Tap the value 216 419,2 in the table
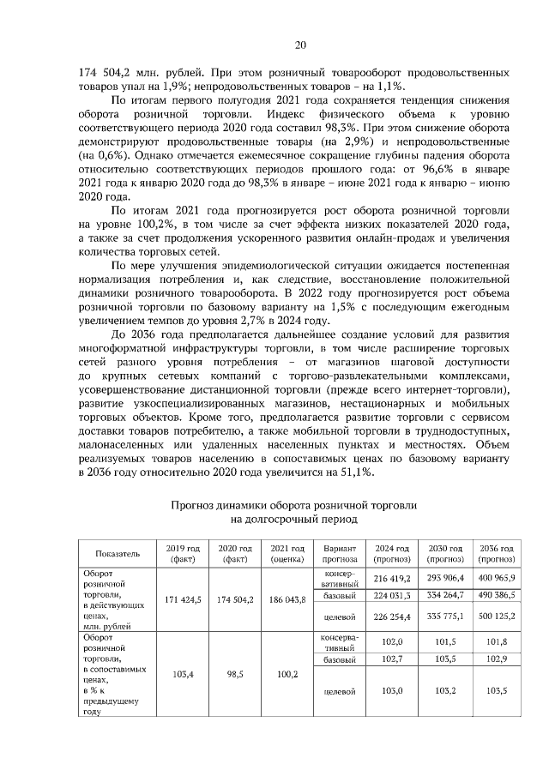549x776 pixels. point(394,578)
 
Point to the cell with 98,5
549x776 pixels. point(235,675)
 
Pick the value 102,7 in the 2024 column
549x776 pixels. point(394,659)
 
